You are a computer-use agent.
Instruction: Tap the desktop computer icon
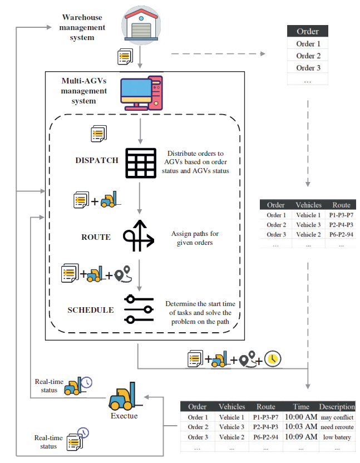[142, 91]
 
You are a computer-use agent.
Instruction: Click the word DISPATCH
[97, 160]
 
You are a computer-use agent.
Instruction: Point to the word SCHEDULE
[91, 310]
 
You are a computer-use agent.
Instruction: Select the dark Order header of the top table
[308, 32]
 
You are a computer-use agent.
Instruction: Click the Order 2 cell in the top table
[308, 56]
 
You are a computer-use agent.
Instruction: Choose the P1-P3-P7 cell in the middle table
[341, 215]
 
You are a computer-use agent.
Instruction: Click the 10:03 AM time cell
[300, 427]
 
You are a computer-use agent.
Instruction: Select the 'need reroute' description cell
[337, 427]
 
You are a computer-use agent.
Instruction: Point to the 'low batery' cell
[337, 437]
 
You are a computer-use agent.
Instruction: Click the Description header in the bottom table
[337, 407]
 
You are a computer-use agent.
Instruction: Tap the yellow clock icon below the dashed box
[272, 359]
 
